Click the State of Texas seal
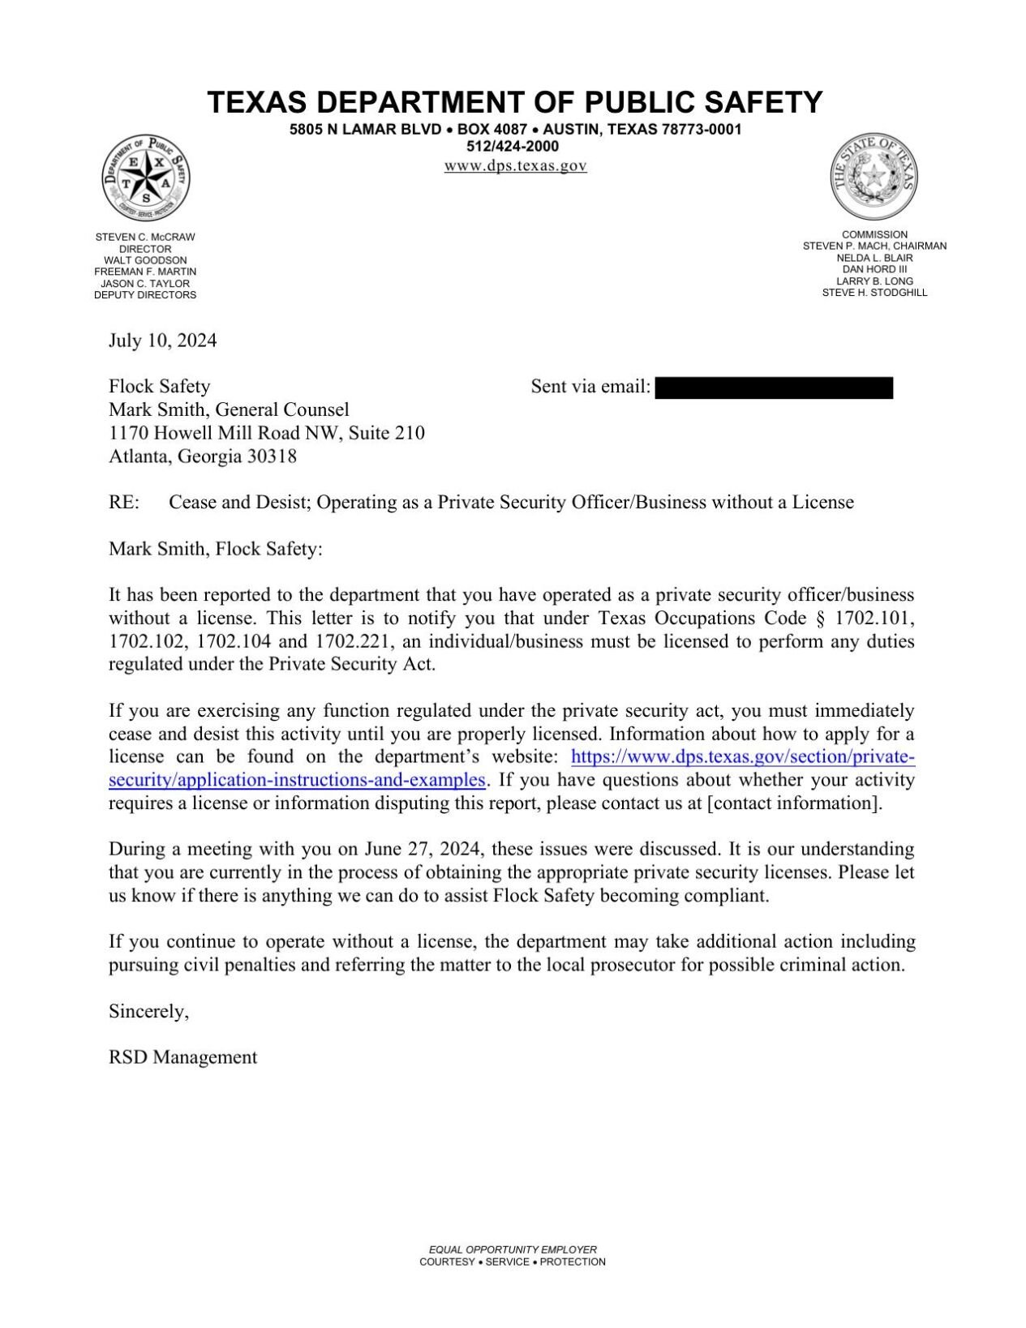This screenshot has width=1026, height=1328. click(x=874, y=176)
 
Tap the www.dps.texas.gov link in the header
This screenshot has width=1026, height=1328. click(x=515, y=166)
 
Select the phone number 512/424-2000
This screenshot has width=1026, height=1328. click(x=513, y=147)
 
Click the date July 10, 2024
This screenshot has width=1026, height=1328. click(x=162, y=341)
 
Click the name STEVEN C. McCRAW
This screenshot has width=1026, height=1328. click(x=145, y=238)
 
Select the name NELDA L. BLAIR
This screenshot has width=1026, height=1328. click(x=874, y=258)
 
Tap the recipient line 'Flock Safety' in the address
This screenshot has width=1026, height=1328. click(x=159, y=387)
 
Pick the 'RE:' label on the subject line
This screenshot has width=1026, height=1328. click(x=124, y=503)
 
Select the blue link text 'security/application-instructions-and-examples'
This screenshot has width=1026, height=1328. click(x=297, y=781)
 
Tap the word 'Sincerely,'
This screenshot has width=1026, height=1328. click(x=148, y=1012)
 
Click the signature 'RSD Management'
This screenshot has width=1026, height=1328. click(x=182, y=1058)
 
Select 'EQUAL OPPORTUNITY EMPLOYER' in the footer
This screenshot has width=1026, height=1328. click(x=513, y=1250)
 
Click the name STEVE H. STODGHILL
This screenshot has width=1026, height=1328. click(x=874, y=293)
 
